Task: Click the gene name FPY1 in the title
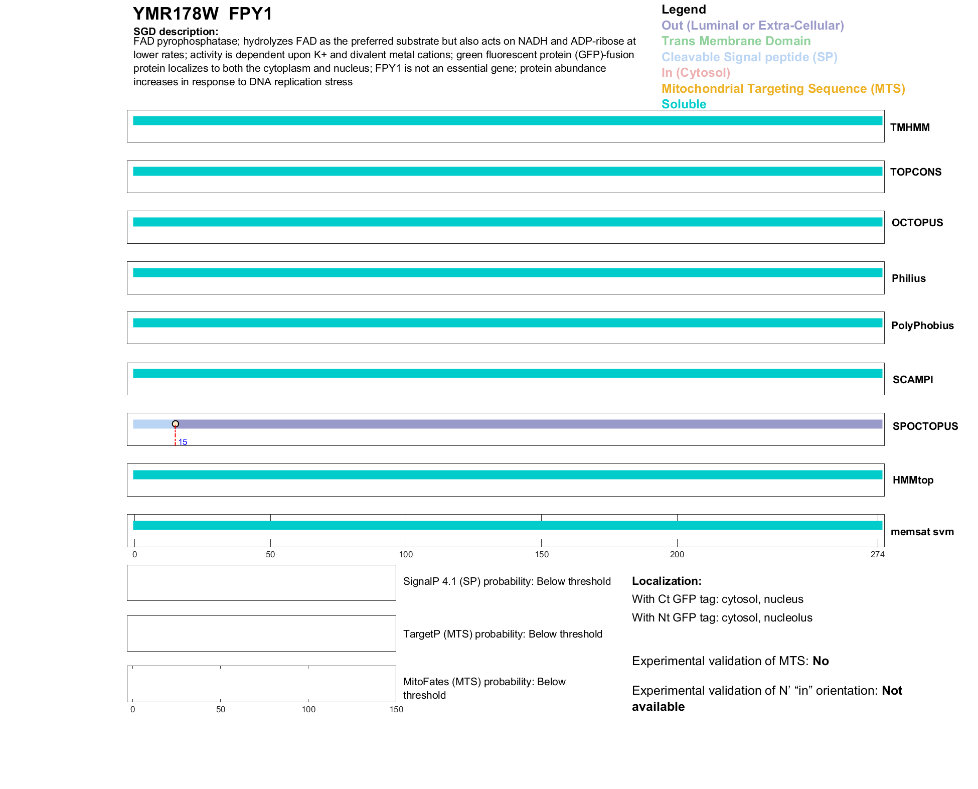[x=250, y=14]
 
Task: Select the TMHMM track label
[x=909, y=127]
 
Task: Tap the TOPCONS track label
[x=915, y=172]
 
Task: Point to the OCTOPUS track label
[x=917, y=223]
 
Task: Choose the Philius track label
[x=908, y=278]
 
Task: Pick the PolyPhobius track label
[x=922, y=326]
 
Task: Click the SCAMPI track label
[x=912, y=380]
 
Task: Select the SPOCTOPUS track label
[x=925, y=426]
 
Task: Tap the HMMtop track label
[x=913, y=480]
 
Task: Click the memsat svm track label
[x=922, y=532]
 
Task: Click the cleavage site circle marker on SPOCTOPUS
[x=176, y=424]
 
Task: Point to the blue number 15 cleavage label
[x=183, y=442]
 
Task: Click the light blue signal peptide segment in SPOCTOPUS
[x=153, y=424]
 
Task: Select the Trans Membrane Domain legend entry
[x=736, y=41]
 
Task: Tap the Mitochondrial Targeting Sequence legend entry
[x=783, y=89]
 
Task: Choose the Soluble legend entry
[x=684, y=104]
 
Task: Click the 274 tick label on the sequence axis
[x=877, y=554]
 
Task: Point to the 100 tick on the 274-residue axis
[x=406, y=554]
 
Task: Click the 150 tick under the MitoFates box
[x=396, y=709]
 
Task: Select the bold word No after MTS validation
[x=821, y=661]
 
